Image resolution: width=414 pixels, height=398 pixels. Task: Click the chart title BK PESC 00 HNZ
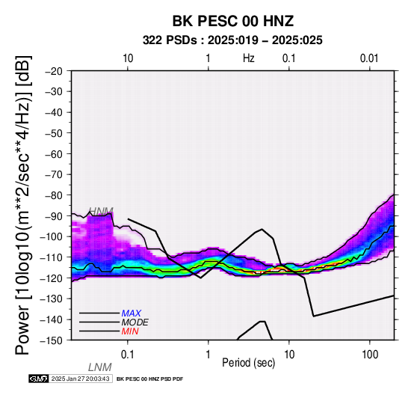(233, 21)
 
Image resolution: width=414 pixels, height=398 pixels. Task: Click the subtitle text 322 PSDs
(170, 40)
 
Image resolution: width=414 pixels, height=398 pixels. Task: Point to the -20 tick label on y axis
(54, 71)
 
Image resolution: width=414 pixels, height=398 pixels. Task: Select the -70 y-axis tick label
(54, 175)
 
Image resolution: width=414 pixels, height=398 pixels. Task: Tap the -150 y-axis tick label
(52, 340)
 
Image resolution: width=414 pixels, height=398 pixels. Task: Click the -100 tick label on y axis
(52, 237)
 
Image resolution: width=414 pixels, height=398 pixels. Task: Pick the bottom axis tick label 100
(370, 355)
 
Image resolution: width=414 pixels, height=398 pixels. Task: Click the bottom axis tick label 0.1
(127, 355)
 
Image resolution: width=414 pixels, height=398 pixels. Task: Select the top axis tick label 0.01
(369, 58)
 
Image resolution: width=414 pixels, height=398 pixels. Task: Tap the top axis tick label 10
(128, 58)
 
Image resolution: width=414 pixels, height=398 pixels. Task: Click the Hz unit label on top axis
(249, 58)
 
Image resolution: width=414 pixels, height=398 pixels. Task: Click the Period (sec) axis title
(248, 363)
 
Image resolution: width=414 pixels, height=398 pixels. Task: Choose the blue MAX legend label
(131, 313)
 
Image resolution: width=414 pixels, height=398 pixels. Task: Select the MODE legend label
(135, 322)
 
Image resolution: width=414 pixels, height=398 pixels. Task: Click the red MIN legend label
(130, 331)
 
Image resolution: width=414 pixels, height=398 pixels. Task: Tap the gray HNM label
(101, 211)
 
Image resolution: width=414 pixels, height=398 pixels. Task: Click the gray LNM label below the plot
(100, 367)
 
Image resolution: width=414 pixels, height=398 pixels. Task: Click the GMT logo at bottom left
(39, 379)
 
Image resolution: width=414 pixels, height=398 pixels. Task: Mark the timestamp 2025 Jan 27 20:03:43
(80, 379)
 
